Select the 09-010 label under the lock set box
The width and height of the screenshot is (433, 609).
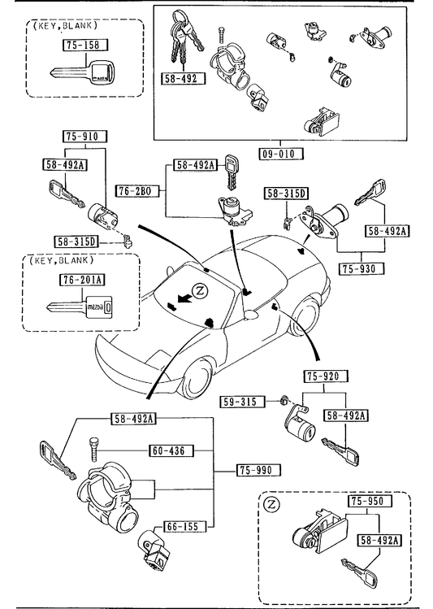(281, 154)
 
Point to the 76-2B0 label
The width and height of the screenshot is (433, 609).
(137, 191)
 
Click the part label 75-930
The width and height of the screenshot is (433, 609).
(362, 268)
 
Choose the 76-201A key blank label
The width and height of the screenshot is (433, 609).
(82, 280)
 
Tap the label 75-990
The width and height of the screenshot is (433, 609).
(258, 470)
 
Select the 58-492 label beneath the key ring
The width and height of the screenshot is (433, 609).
(183, 78)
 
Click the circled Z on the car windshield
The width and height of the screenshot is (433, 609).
(200, 290)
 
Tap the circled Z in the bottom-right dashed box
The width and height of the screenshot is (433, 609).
(271, 505)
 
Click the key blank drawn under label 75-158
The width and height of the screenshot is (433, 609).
(83, 73)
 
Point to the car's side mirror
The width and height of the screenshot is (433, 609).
(252, 314)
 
